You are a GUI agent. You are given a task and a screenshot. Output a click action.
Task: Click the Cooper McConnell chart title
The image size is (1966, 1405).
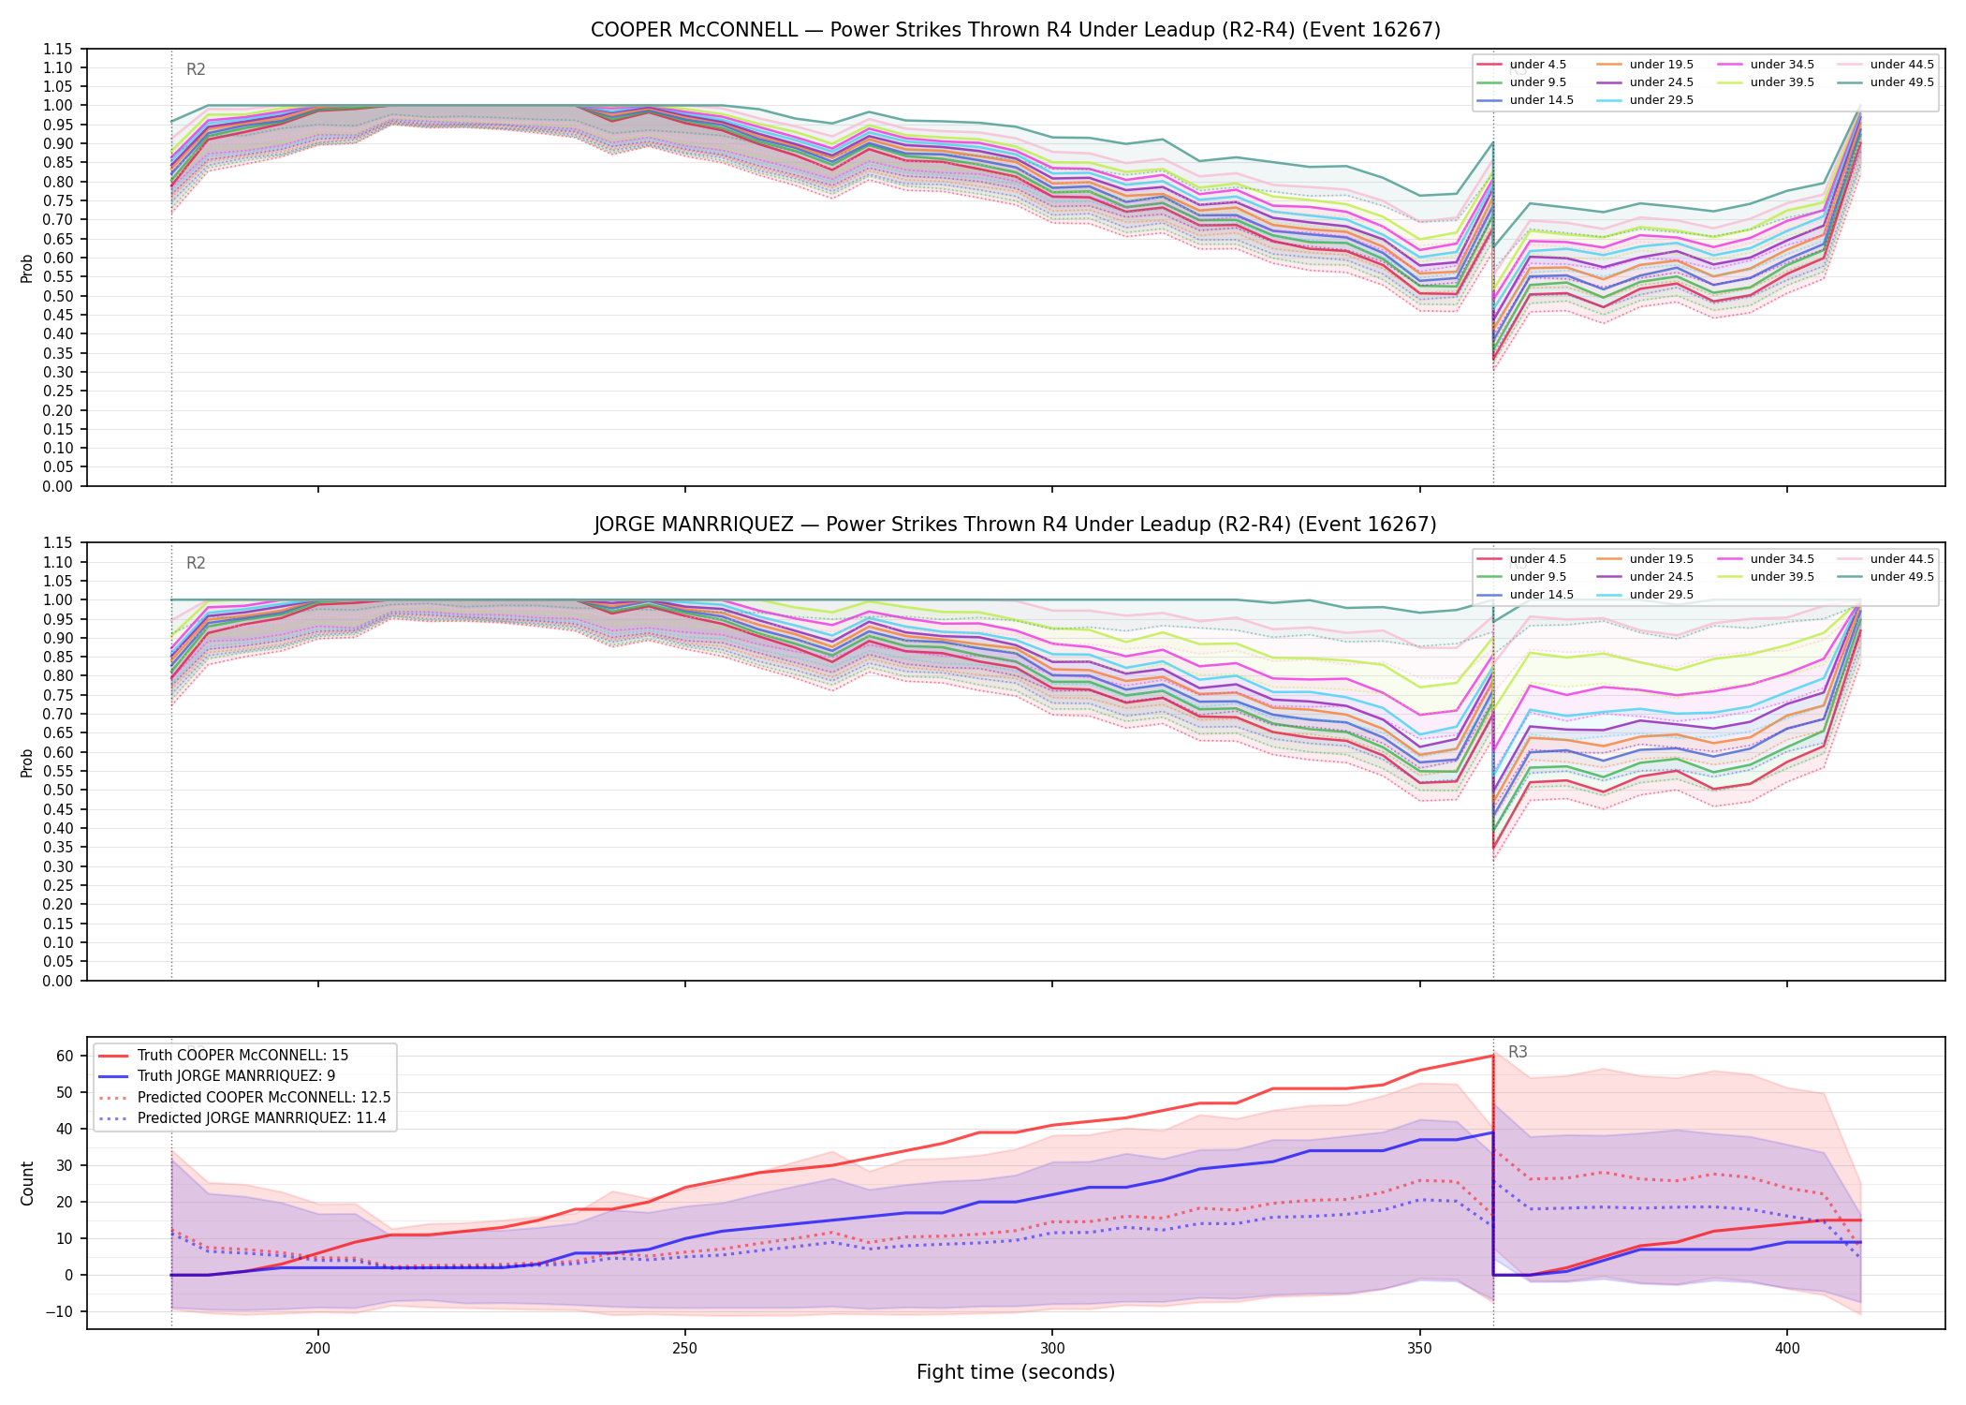tap(1015, 30)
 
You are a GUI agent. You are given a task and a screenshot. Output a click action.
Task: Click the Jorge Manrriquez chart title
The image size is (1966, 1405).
tap(1015, 525)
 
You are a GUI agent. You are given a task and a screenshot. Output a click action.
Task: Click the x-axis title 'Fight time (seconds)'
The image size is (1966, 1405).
tap(1016, 1373)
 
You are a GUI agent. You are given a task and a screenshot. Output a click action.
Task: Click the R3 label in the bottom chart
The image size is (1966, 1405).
tap(1518, 1052)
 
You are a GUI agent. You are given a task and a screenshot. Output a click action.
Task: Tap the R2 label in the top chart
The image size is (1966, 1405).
tap(196, 69)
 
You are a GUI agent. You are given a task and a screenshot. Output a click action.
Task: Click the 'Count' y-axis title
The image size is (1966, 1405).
tap(27, 1183)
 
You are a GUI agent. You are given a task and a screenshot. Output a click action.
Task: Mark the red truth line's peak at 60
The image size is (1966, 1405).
tap(1492, 1056)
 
